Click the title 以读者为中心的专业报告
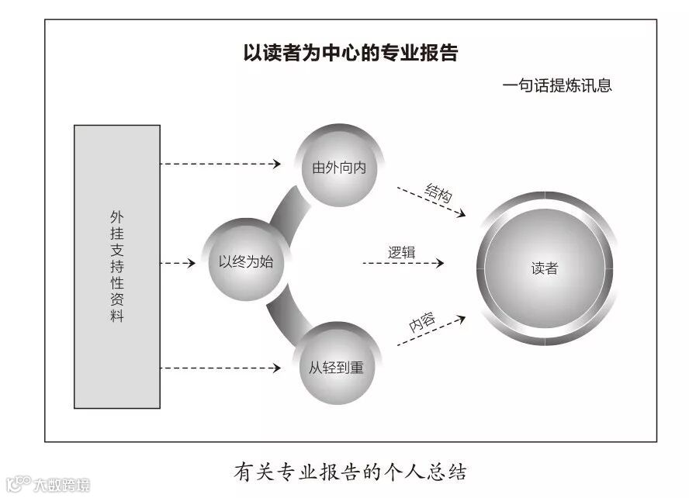click(x=351, y=53)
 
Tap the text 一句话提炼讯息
click(x=557, y=85)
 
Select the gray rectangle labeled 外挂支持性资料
click(x=117, y=266)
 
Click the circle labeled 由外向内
click(x=339, y=168)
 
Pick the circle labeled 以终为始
click(x=241, y=262)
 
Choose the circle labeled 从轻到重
click(x=338, y=366)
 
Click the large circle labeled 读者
click(x=545, y=269)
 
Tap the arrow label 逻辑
click(x=401, y=252)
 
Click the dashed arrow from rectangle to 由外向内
click(x=220, y=164)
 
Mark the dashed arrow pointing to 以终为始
click(x=178, y=264)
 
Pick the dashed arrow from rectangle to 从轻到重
click(x=220, y=368)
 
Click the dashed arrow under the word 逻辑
click(x=403, y=264)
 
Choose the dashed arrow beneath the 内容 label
click(x=431, y=330)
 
